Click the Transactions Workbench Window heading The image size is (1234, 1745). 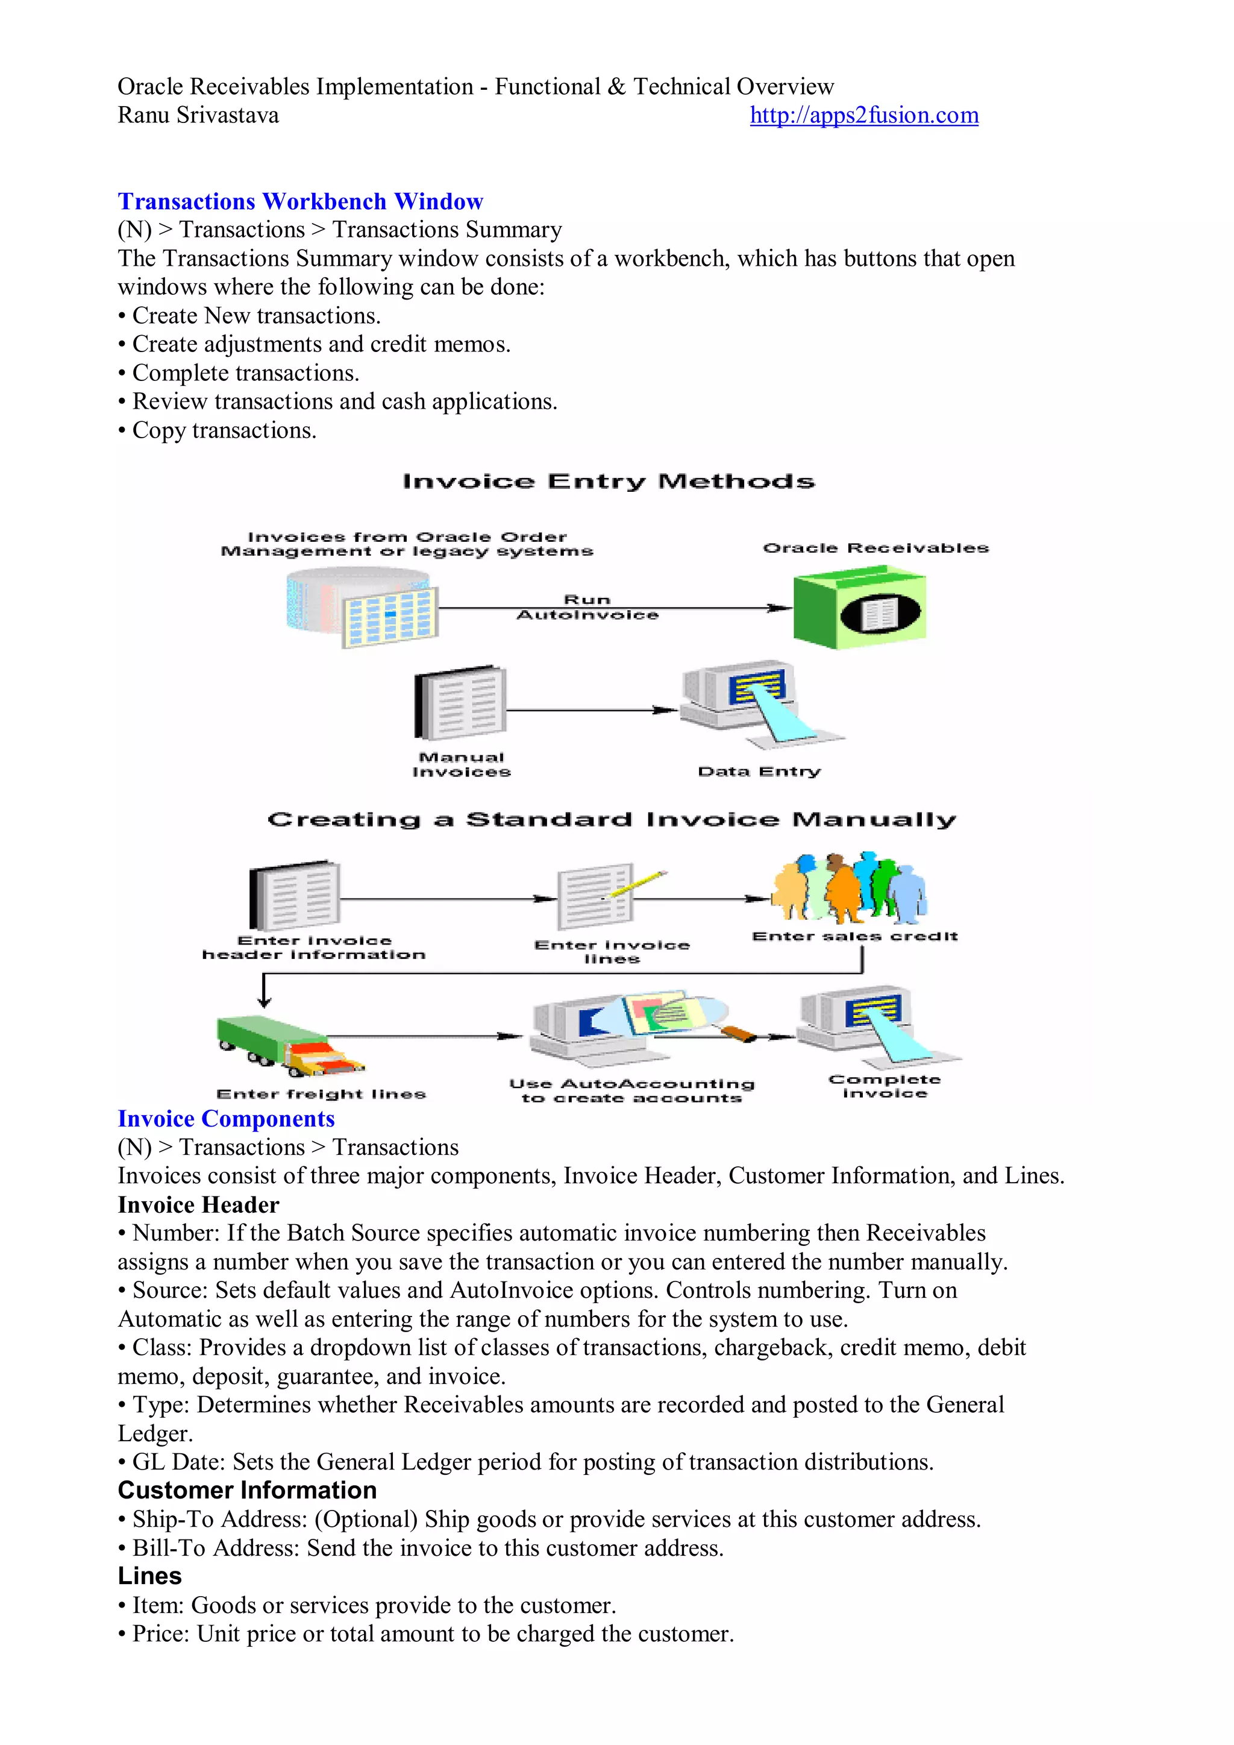click(x=300, y=201)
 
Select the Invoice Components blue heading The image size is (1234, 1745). click(x=226, y=1119)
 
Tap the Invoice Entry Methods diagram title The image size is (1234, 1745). click(x=608, y=481)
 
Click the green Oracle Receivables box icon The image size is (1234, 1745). click(x=859, y=609)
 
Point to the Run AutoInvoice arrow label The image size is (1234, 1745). click(x=587, y=607)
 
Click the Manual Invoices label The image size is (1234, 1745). click(x=461, y=764)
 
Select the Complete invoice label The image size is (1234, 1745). click(x=885, y=1086)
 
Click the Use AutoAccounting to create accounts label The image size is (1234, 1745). click(x=631, y=1090)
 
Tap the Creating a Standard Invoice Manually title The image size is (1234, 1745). click(x=612, y=819)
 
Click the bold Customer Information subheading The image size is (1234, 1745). click(x=247, y=1491)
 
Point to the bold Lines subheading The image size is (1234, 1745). click(x=149, y=1576)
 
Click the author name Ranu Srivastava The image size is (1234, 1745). click(x=198, y=116)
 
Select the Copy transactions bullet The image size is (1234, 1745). click(x=224, y=430)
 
